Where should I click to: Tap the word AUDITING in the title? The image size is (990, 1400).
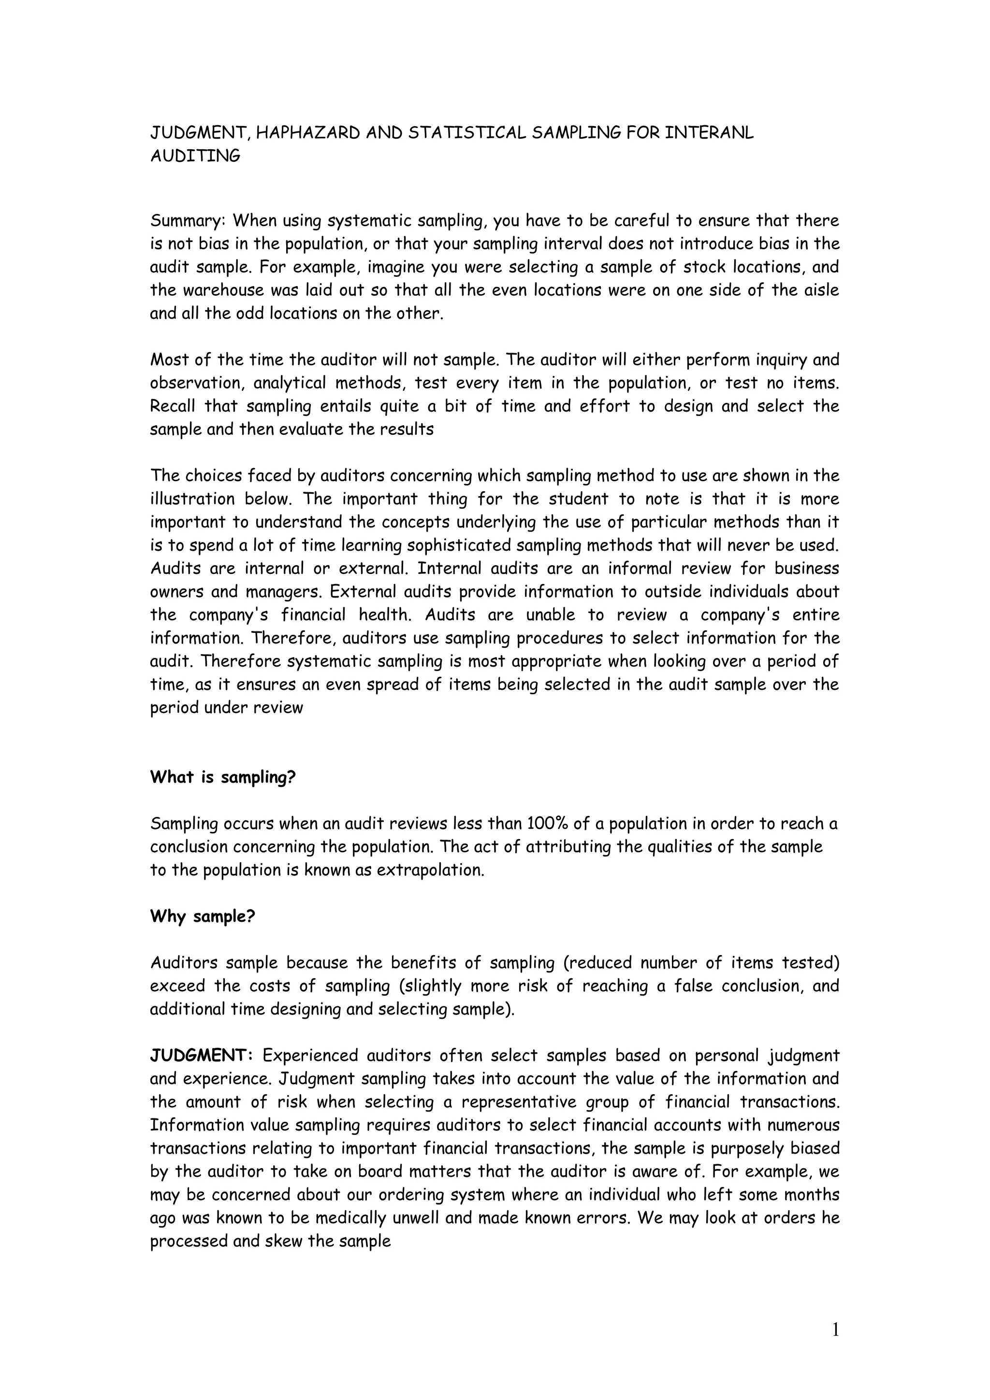[195, 156]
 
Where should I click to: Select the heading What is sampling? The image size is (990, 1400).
[223, 777]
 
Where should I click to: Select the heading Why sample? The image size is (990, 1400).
[203, 916]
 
